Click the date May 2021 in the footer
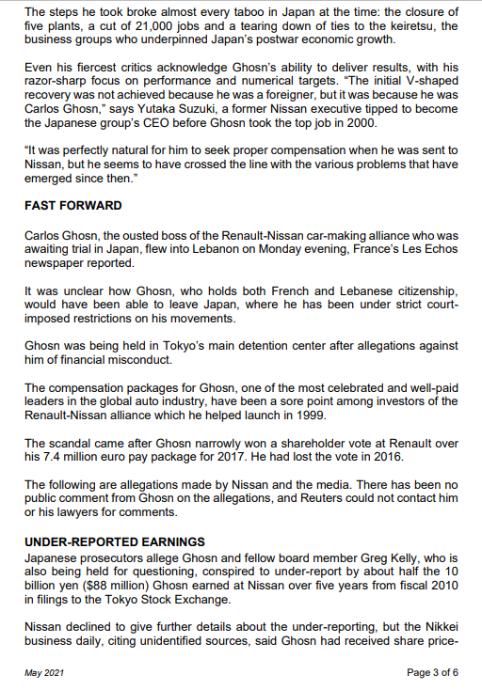(x=45, y=672)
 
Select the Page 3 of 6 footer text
(x=432, y=672)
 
